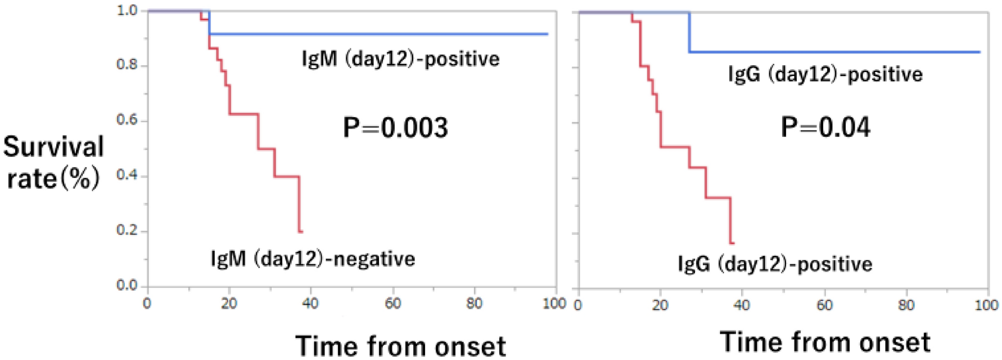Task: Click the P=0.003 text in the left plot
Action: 395,128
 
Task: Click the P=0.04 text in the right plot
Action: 825,127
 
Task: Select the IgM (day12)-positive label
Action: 400,59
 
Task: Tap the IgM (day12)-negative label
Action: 313,259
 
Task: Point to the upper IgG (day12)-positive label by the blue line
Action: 825,74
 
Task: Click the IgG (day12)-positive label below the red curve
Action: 775,264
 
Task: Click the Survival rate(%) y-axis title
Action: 53,163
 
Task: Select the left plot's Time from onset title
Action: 400,345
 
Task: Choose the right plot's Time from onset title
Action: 825,341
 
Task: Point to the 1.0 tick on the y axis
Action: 127,10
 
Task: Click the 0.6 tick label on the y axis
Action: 127,120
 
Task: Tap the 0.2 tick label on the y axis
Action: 127,231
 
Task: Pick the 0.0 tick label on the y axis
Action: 127,285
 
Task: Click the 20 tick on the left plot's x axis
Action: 229,304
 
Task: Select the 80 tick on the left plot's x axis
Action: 474,304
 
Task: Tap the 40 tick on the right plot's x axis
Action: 742,305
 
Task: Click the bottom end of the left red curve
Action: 301,231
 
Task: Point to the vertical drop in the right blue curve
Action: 689,32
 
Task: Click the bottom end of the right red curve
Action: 732,243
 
